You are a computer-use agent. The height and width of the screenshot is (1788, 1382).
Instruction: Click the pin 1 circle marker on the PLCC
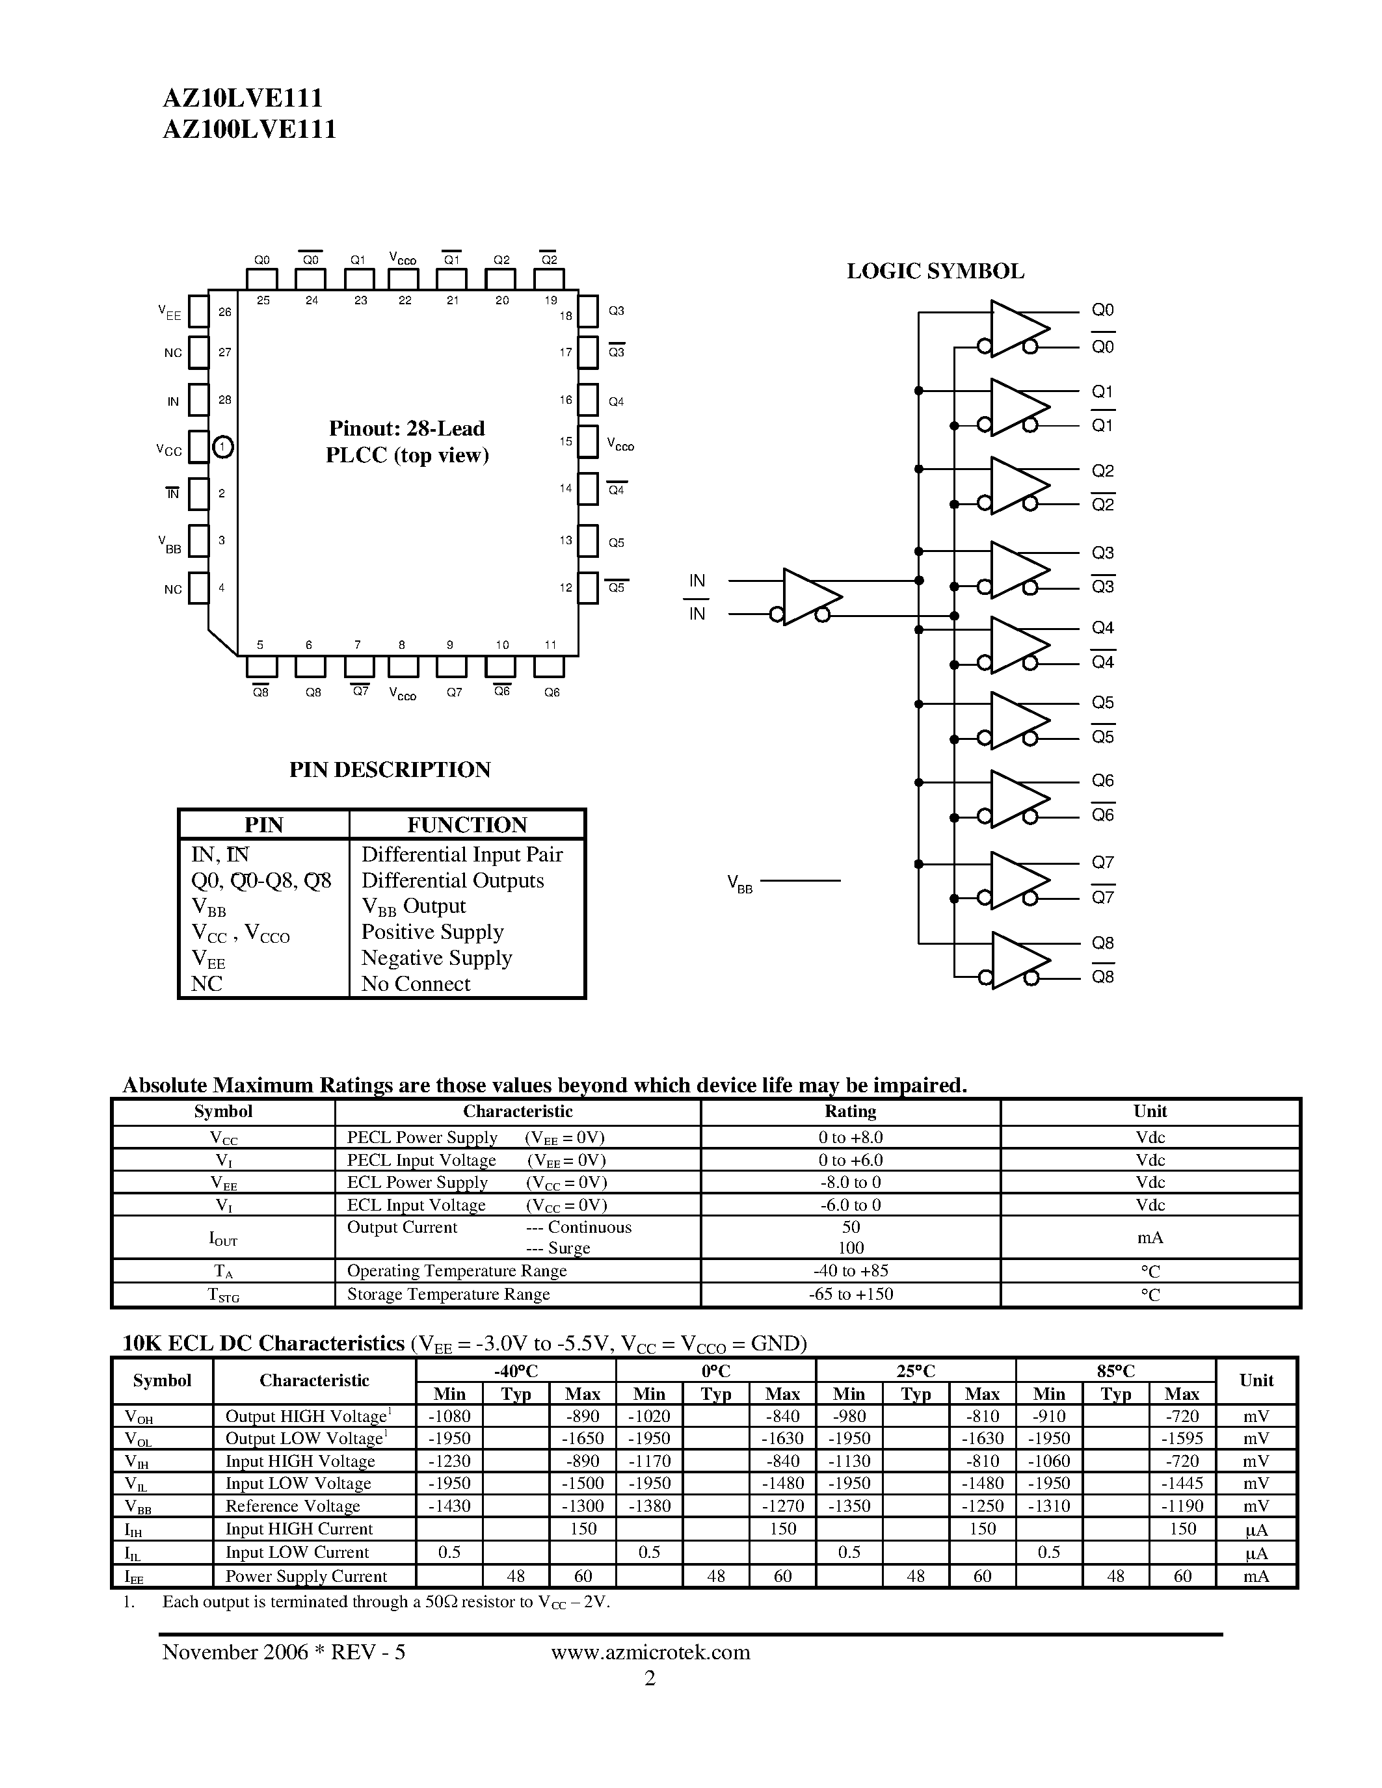222,447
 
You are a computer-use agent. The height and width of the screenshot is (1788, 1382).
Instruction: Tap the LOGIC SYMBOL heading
935,272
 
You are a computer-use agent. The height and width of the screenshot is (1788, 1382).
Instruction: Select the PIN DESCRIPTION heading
390,770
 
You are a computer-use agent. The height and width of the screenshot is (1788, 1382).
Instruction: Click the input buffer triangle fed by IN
810,597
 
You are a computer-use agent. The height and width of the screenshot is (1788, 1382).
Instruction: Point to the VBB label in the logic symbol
739,884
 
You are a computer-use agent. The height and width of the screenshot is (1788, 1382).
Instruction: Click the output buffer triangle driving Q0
1018,328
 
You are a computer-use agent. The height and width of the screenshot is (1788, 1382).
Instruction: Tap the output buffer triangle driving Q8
1018,960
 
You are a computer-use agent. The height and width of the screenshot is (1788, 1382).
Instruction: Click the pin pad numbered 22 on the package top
405,279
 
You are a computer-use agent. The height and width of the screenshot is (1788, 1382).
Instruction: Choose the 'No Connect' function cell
416,984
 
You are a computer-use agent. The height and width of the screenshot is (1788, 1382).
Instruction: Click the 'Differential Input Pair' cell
462,855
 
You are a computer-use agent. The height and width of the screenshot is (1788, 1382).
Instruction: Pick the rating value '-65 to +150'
850,1295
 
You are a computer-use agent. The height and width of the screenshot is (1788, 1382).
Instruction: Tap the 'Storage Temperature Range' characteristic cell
448,1295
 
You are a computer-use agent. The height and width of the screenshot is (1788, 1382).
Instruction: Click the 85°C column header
1115,1371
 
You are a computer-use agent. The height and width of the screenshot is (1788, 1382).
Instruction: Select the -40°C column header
516,1371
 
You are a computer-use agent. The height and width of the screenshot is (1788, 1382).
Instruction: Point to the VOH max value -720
1182,1416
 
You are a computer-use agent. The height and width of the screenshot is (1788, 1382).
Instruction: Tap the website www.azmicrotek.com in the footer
650,1652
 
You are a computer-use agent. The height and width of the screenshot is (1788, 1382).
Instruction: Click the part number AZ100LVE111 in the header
249,130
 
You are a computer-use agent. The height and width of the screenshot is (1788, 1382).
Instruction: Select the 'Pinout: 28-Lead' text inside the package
407,429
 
